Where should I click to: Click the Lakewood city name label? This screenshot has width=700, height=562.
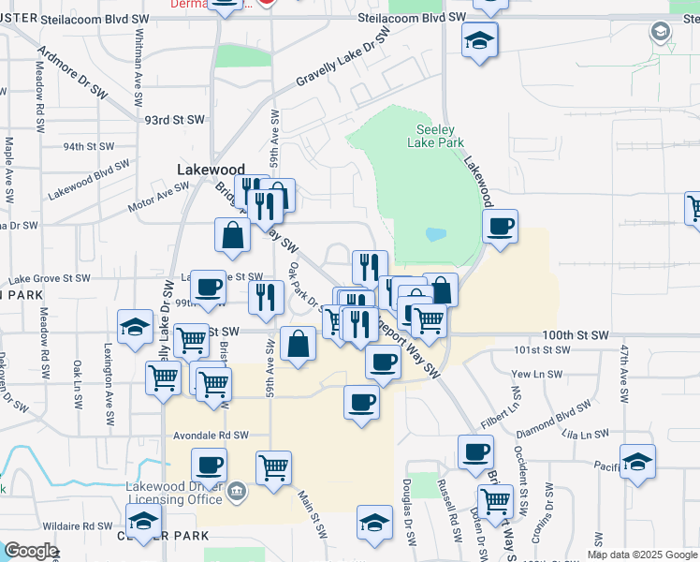tap(211, 170)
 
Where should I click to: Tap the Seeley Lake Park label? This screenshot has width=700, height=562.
tap(435, 137)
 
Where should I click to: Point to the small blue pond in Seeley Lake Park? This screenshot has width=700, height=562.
tap(435, 234)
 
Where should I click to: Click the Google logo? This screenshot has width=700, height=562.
tap(30, 551)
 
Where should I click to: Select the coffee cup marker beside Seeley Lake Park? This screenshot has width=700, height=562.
tap(500, 226)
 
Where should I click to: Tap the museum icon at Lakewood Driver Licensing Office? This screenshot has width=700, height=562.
tap(235, 488)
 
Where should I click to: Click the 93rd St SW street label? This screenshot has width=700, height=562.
tap(175, 120)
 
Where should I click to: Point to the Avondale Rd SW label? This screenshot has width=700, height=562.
tap(211, 436)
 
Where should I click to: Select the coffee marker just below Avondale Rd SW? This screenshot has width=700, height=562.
tap(209, 464)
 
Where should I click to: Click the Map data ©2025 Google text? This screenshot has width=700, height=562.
tap(641, 555)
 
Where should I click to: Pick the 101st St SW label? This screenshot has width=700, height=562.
tap(543, 349)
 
